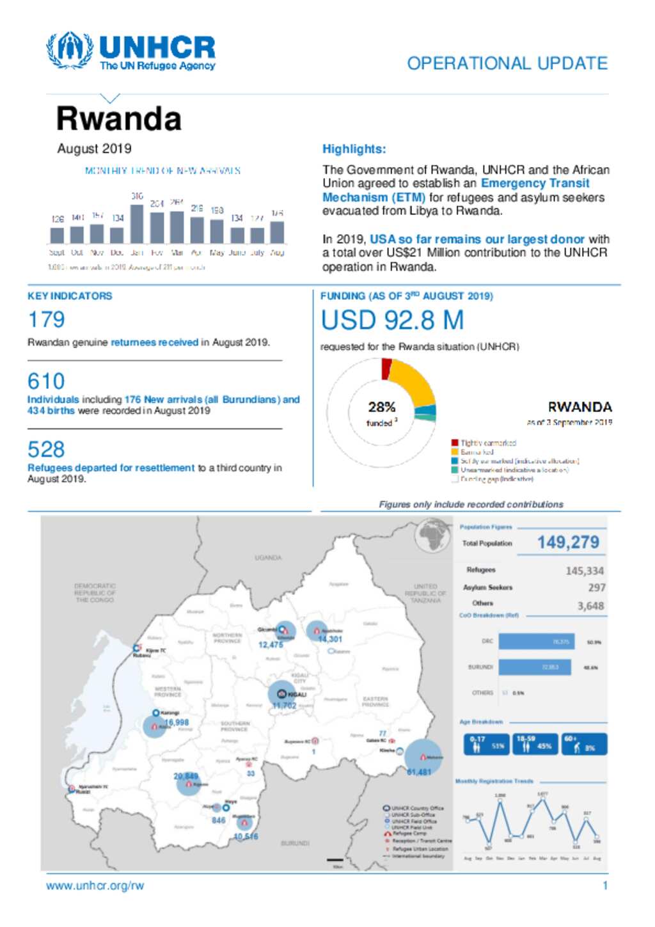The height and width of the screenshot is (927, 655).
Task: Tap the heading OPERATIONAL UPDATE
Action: click(x=507, y=63)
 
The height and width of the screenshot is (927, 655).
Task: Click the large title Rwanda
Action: click(x=119, y=119)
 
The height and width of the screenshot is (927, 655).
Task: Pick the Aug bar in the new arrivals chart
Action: click(x=277, y=232)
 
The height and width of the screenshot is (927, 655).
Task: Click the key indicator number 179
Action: click(x=46, y=320)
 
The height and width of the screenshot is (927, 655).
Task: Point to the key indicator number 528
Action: click(x=46, y=449)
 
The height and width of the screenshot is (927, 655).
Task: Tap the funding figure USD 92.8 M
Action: click(x=392, y=321)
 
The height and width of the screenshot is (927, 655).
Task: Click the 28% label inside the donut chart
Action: click(x=381, y=408)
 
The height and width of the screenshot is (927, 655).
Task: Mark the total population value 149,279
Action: click(x=568, y=543)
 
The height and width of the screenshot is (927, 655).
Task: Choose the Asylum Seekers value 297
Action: click(x=596, y=587)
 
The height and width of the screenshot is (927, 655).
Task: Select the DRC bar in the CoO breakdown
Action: click(x=536, y=642)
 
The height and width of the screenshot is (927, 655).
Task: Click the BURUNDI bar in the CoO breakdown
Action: click(x=534, y=667)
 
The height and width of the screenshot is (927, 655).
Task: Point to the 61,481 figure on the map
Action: click(x=419, y=772)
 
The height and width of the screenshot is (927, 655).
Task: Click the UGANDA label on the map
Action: click(x=268, y=558)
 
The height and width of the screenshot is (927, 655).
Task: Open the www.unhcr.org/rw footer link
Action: click(x=95, y=886)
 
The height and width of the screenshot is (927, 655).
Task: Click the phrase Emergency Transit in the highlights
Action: click(x=535, y=184)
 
